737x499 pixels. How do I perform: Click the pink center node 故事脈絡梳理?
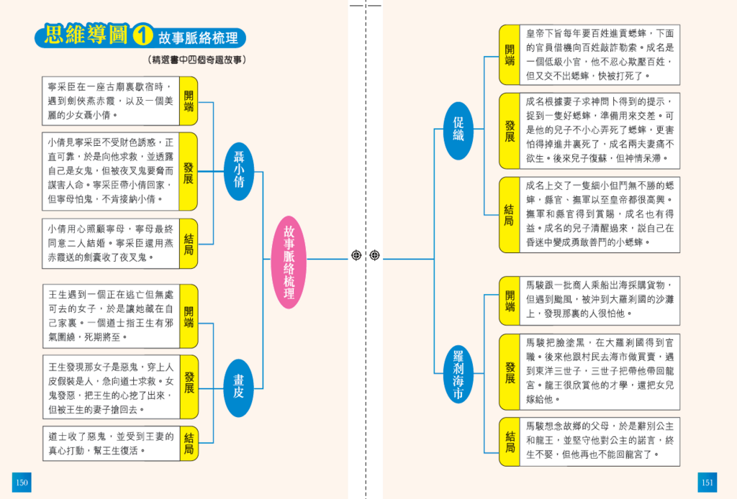pyautogui.click(x=289, y=256)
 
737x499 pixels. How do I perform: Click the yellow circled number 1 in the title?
pyautogui.click(x=144, y=36)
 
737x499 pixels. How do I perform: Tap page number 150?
pyautogui.click(x=22, y=482)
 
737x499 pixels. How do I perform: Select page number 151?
pyautogui.click(x=707, y=482)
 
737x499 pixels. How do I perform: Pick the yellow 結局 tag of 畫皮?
pyautogui.click(x=189, y=443)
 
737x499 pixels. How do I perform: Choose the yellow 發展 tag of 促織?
pyautogui.click(x=510, y=130)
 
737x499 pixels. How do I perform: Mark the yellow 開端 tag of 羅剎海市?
pyautogui.click(x=510, y=301)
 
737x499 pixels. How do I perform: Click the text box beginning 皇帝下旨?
pyautogui.click(x=599, y=55)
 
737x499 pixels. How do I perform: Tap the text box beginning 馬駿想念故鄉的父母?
pyautogui.click(x=599, y=441)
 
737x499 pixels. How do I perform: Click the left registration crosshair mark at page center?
pyautogui.click(x=356, y=255)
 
